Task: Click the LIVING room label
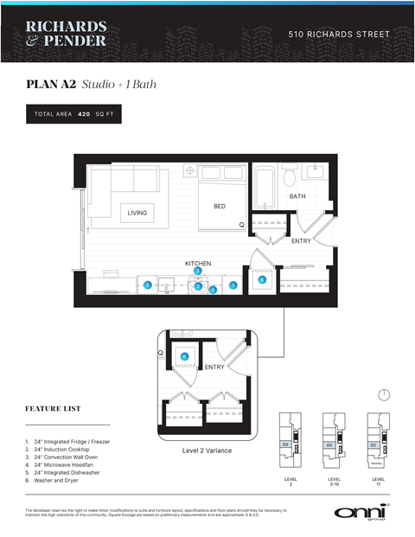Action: click(x=137, y=213)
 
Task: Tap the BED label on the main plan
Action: click(x=220, y=207)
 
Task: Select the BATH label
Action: click(x=297, y=197)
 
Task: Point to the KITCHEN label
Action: click(x=197, y=263)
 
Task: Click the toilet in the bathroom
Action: click(x=291, y=178)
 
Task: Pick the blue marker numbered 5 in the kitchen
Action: click(x=148, y=285)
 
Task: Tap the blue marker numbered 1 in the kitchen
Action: click(x=232, y=285)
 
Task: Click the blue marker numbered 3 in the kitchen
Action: click(x=197, y=272)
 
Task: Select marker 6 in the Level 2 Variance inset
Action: click(x=184, y=356)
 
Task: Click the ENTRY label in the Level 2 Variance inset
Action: click(x=214, y=368)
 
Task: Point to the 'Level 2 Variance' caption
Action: click(x=207, y=451)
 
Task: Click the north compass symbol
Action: click(x=384, y=394)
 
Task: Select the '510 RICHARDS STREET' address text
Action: click(x=338, y=35)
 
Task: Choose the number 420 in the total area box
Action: click(x=84, y=114)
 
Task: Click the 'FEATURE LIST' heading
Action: click(x=54, y=408)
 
